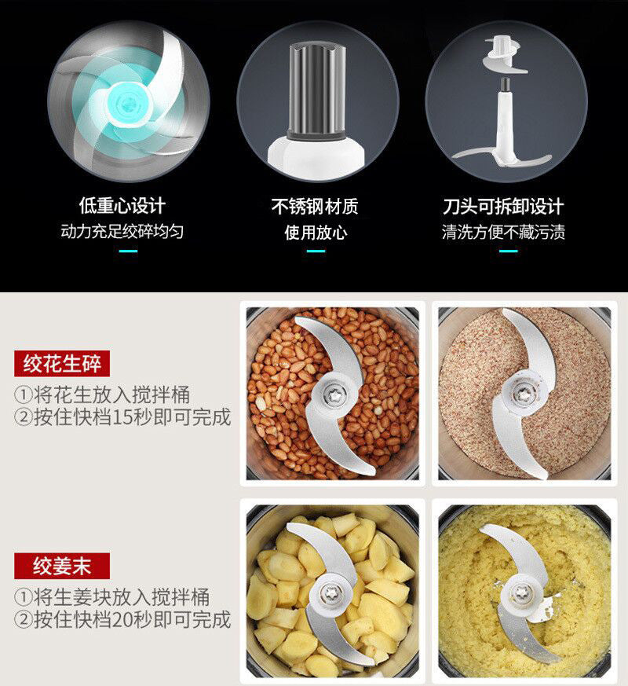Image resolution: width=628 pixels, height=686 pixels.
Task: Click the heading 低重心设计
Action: [x=122, y=206]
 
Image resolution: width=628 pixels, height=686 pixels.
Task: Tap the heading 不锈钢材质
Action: [x=315, y=207]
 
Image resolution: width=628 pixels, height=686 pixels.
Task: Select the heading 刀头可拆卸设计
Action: [x=503, y=207]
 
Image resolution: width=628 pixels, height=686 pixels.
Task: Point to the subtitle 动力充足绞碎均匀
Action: [x=122, y=232]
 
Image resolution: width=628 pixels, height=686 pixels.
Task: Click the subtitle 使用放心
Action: [x=315, y=233]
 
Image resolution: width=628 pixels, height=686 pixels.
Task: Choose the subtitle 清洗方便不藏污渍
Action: [x=503, y=232]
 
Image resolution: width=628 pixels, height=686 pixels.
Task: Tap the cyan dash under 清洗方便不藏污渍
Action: [x=508, y=251]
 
